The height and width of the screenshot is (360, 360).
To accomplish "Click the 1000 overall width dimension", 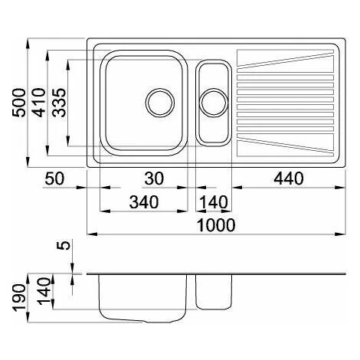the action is pyautogui.click(x=217, y=225).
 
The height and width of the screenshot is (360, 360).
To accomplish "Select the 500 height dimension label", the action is pyautogui.click(x=19, y=103).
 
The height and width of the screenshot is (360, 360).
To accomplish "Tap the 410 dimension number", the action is pyautogui.click(x=39, y=103).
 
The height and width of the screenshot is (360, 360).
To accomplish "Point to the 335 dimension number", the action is pyautogui.click(x=59, y=103).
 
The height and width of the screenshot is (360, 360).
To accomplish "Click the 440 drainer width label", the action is pyautogui.click(x=289, y=178).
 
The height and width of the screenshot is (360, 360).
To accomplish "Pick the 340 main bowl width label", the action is pyautogui.click(x=144, y=202).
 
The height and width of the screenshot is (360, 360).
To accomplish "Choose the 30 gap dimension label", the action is pyautogui.click(x=154, y=178).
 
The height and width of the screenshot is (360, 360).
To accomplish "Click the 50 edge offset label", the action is pyautogui.click(x=54, y=178).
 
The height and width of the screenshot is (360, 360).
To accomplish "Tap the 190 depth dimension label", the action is pyautogui.click(x=20, y=298).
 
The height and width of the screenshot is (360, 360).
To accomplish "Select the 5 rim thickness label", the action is pyautogui.click(x=65, y=246).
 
